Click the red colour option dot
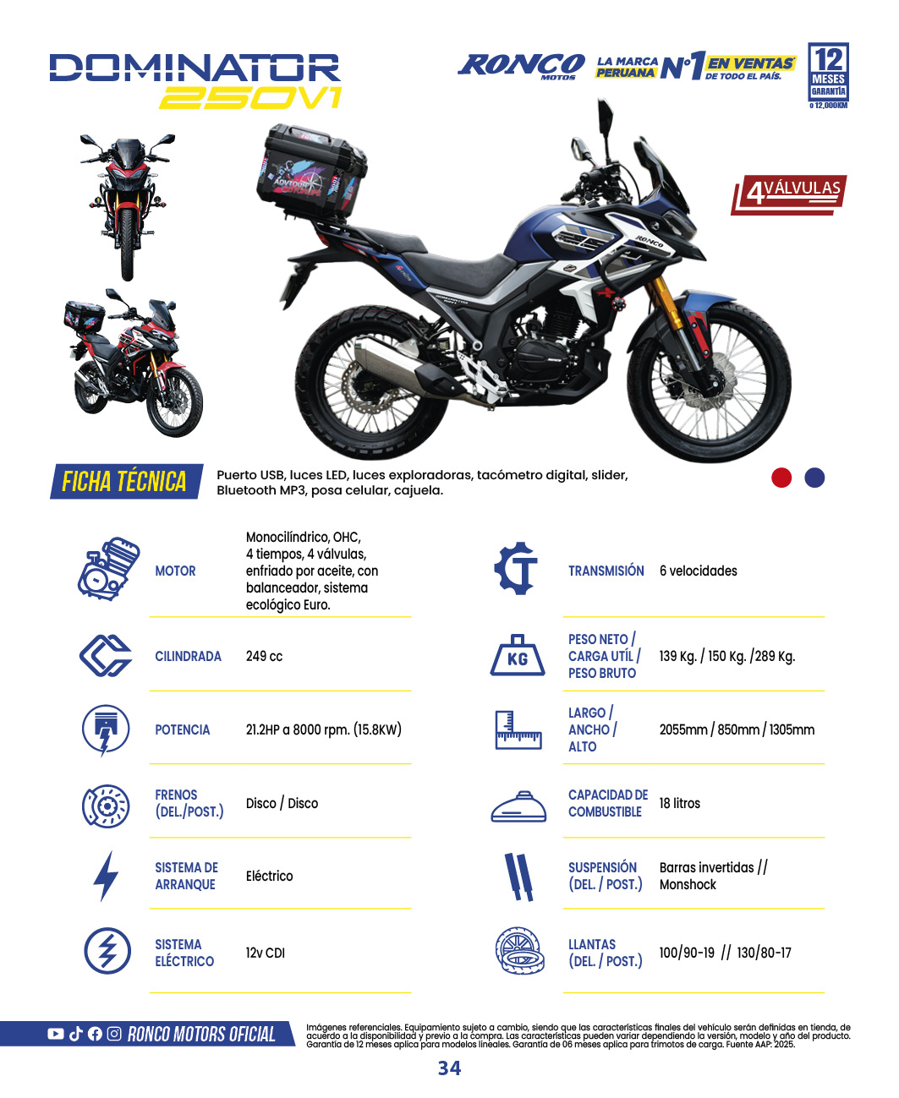point(781,478)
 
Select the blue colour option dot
point(814,478)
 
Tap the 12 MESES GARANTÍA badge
point(828,75)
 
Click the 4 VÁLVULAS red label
point(790,194)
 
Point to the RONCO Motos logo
point(521,66)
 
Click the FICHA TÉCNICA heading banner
point(126,481)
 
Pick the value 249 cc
point(264,656)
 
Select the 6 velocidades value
point(698,571)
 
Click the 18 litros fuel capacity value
point(679,803)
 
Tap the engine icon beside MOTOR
point(107,570)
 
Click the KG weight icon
point(518,656)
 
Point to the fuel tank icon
point(518,807)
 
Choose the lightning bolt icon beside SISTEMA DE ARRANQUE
point(106,876)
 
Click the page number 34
point(449,1068)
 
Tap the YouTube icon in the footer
point(56,1034)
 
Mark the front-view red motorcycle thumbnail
point(128,207)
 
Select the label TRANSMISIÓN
point(606,571)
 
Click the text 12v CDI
point(265,953)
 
